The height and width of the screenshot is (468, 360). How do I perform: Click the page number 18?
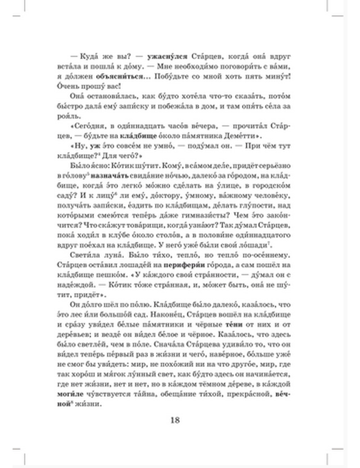coord(175,420)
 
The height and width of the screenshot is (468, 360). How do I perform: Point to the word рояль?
coord(64,116)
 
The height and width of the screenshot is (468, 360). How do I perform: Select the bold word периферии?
coord(184,265)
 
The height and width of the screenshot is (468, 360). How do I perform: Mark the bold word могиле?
coord(70,394)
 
